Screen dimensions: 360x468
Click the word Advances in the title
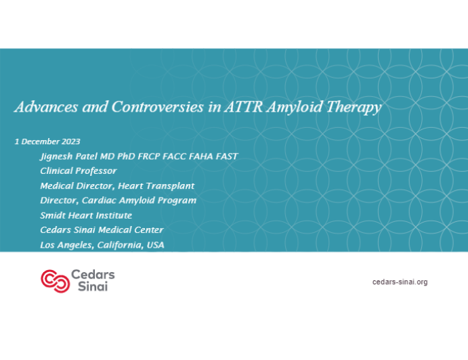click(x=41, y=108)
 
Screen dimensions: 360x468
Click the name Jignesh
click(x=58, y=156)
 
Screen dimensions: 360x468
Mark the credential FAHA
click(x=200, y=156)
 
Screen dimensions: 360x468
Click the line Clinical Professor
click(x=79, y=171)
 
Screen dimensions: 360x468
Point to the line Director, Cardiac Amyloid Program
click(x=119, y=200)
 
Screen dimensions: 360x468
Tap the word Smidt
click(x=53, y=215)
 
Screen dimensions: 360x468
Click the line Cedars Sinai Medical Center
click(x=102, y=230)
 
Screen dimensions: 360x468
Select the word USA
click(x=153, y=245)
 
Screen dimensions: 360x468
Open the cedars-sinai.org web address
click(x=400, y=281)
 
